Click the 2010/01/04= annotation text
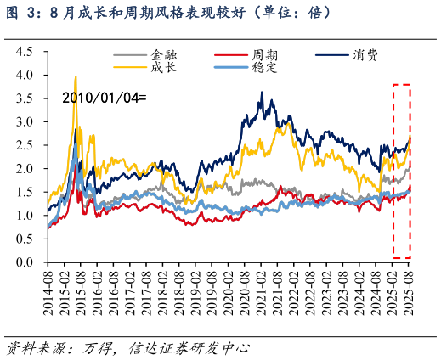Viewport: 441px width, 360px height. pos(104,98)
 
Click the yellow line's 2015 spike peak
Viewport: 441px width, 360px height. pos(76,77)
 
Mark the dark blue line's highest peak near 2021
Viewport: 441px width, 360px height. pos(262,93)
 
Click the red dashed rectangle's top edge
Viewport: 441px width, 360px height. pos(401,85)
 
